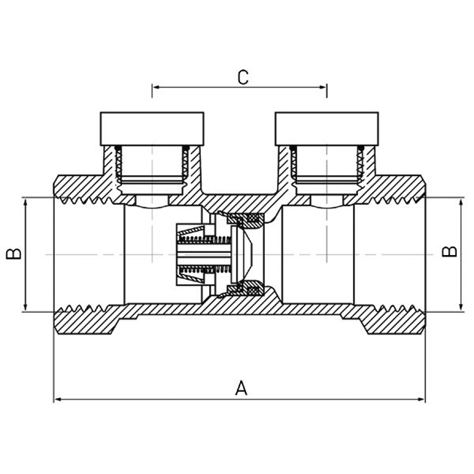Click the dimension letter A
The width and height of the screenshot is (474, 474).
pyautogui.click(x=241, y=387)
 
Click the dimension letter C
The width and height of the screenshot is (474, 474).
pyautogui.click(x=243, y=77)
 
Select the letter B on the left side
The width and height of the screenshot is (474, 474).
pyautogui.click(x=14, y=254)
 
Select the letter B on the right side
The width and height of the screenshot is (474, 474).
pyautogui.click(x=449, y=251)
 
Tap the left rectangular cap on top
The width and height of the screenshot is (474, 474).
pyautogui.click(x=152, y=129)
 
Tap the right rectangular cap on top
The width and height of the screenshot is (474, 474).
pyautogui.click(x=327, y=129)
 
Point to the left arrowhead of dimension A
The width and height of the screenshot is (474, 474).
pyautogui.click(x=58, y=400)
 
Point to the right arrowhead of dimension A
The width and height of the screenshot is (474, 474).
pyautogui.click(x=421, y=400)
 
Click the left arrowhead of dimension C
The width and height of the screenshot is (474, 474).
pyautogui.click(x=156, y=87)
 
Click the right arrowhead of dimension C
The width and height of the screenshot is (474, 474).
pyautogui.click(x=323, y=87)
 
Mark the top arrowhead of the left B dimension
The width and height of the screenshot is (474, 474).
pyautogui.click(x=26, y=202)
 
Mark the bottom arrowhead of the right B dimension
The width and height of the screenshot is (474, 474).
pyautogui.click(x=461, y=307)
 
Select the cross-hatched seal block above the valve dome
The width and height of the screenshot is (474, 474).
pyautogui.click(x=245, y=219)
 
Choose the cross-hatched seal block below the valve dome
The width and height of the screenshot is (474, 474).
pyautogui.click(x=245, y=290)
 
